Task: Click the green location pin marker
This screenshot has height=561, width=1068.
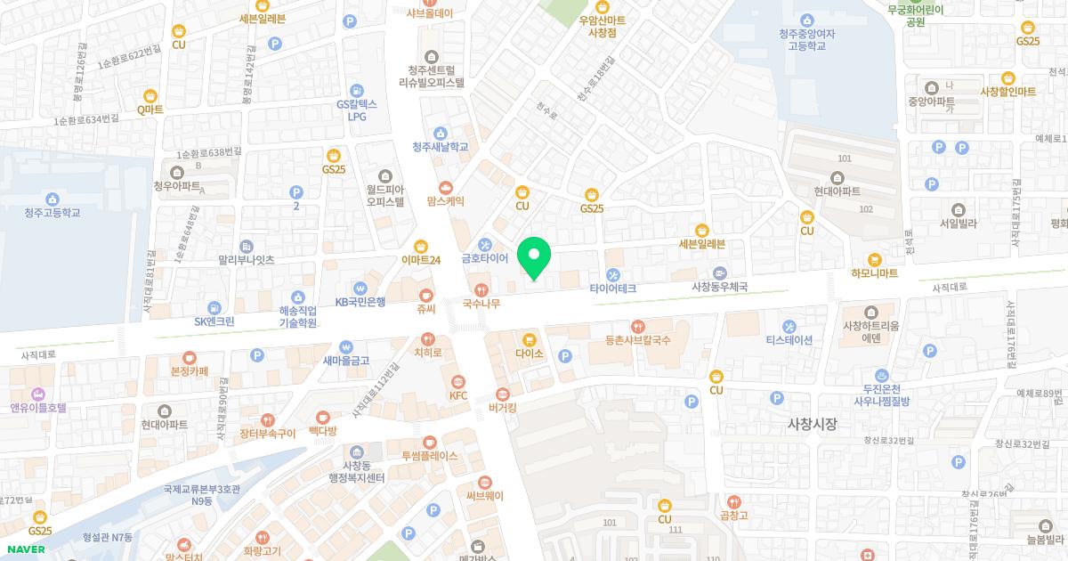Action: tap(534, 258)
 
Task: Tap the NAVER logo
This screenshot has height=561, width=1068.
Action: tap(24, 549)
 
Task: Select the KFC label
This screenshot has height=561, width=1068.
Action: tap(458, 395)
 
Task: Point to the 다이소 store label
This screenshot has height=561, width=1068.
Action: tap(530, 354)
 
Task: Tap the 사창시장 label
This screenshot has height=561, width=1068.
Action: tap(813, 424)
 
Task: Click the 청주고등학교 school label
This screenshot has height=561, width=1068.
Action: tap(52, 213)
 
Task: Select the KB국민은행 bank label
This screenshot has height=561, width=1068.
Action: tap(360, 302)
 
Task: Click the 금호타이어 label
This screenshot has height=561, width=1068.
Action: tap(484, 258)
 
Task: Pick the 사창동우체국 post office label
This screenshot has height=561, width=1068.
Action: tap(719, 287)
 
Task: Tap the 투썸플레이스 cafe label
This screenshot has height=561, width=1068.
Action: tap(429, 455)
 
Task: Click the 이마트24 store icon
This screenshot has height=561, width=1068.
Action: tap(421, 247)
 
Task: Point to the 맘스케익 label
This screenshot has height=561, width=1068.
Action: tap(446, 202)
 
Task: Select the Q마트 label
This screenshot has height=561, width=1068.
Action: tap(150, 110)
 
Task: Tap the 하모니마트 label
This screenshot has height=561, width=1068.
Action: tap(874, 273)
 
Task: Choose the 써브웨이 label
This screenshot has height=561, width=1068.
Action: tap(484, 496)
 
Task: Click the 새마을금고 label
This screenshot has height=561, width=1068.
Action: tap(346, 361)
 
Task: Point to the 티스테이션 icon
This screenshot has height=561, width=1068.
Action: tap(789, 325)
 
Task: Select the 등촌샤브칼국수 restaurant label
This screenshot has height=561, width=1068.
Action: tap(636, 339)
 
